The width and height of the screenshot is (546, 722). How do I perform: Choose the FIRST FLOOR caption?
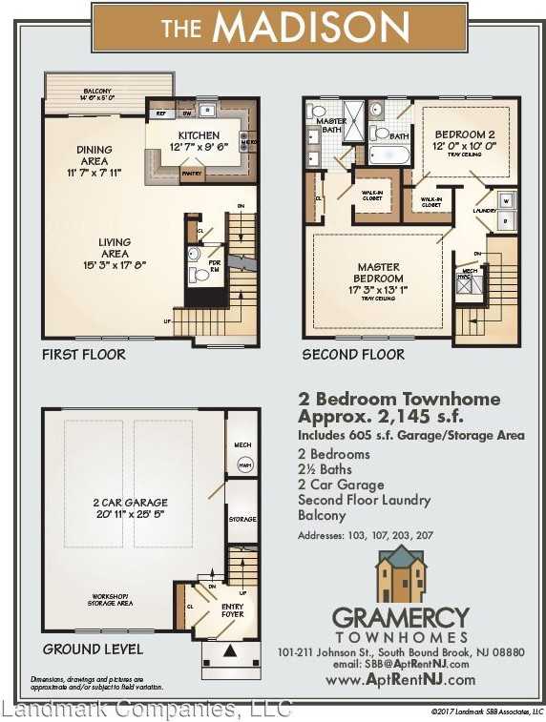(x=83, y=354)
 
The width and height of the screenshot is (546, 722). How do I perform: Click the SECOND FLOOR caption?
(x=353, y=354)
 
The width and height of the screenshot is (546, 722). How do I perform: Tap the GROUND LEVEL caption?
(x=93, y=649)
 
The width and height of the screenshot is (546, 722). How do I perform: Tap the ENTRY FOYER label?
(x=232, y=609)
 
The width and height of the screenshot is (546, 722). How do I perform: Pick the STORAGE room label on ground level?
(x=242, y=519)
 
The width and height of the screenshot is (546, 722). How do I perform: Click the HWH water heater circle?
(x=242, y=464)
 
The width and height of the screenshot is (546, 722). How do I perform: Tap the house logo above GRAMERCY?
(x=400, y=575)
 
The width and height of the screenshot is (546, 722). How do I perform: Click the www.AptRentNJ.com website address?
(x=400, y=680)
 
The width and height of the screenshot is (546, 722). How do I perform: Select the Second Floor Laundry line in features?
(x=364, y=500)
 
